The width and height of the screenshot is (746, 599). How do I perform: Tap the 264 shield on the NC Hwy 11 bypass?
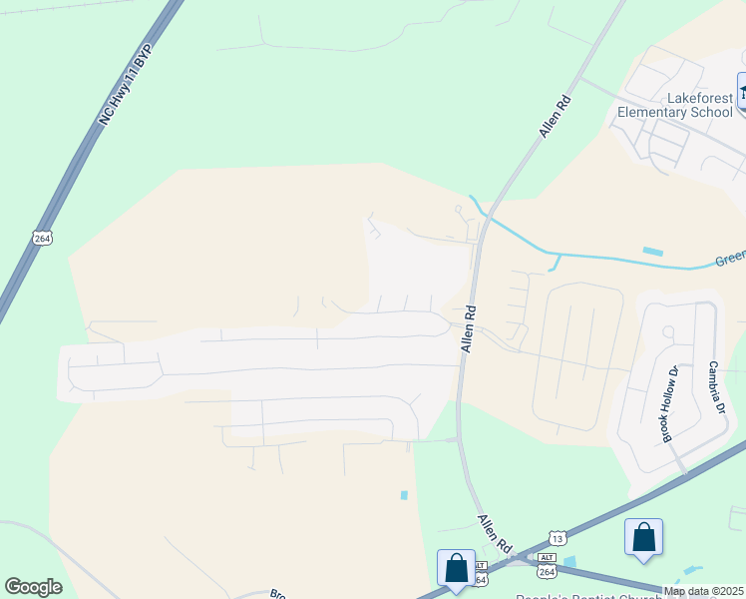pos(41,238)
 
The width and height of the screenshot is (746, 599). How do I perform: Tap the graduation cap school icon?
pos(742,92)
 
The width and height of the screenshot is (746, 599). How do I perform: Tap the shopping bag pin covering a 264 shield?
pos(456,568)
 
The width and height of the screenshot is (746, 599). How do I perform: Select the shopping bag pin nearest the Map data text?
pos(643,536)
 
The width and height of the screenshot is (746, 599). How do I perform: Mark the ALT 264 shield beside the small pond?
pos(547,565)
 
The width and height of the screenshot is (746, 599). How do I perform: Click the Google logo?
pos(33,587)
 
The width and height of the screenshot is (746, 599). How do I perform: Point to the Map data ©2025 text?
pos(702,591)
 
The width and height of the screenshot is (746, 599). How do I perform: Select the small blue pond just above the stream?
pos(653,251)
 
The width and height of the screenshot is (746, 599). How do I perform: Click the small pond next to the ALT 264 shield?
pos(568,562)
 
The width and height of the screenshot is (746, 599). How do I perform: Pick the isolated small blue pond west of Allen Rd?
pos(404,494)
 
